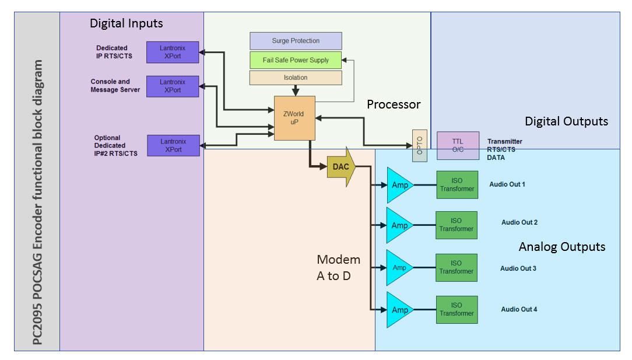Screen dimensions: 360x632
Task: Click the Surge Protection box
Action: [296, 41]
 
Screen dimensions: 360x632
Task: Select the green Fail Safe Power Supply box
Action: [296, 60]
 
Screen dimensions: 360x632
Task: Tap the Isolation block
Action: [296, 78]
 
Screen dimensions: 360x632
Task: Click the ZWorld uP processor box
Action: [294, 118]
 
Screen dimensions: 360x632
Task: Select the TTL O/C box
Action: [458, 145]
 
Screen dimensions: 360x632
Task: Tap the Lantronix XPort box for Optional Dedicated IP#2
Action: [173, 145]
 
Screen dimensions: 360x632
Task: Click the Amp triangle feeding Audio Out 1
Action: [399, 185]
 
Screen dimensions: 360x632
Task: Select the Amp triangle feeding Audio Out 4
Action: [399, 310]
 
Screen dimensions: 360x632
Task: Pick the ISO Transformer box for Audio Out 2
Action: [457, 225]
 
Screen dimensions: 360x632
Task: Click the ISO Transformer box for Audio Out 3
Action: [457, 267]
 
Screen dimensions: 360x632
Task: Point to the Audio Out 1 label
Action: [507, 184]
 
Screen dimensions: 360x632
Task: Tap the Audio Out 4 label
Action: [519, 309]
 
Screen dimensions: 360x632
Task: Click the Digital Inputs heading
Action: [126, 24]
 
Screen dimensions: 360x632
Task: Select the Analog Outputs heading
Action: [561, 247]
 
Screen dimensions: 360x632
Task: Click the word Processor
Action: [394, 104]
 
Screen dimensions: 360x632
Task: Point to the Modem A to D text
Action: [338, 267]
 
